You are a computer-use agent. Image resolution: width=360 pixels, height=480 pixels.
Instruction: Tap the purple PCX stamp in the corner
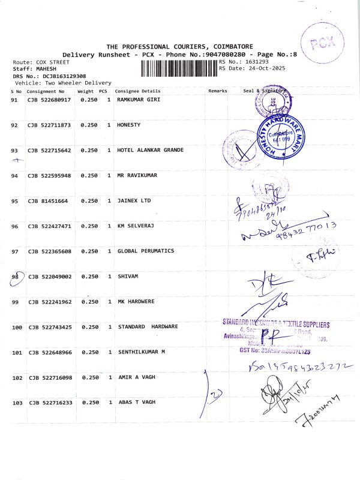(323, 43)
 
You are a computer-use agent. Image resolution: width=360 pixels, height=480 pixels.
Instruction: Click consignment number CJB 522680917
(49, 100)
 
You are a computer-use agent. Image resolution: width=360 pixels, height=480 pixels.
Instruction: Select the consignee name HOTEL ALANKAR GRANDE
(150, 150)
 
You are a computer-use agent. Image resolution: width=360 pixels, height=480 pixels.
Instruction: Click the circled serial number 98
(17, 277)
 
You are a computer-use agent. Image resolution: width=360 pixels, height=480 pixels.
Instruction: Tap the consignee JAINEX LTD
(134, 201)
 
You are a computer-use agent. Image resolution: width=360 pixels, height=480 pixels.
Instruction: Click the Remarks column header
(218, 91)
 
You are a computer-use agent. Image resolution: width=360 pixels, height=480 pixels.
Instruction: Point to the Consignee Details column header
(137, 91)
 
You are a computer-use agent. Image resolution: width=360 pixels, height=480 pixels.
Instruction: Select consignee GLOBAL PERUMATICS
(146, 251)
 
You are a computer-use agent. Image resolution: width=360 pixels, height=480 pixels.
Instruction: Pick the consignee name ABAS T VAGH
(136, 402)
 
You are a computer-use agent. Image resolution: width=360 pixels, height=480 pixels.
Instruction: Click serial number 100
(17, 327)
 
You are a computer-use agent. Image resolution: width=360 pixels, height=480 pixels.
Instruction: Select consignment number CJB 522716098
(49, 377)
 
